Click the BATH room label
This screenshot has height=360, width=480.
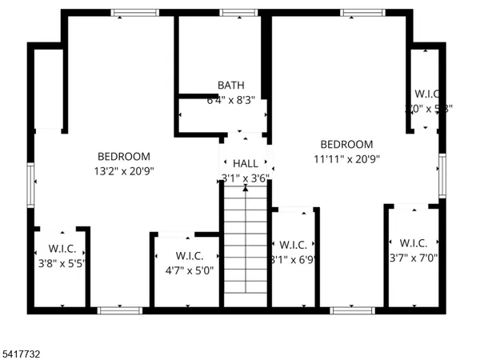(x=231, y=86)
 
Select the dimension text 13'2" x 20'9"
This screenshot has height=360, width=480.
(x=123, y=170)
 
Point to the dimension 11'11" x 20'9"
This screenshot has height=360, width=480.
(x=346, y=158)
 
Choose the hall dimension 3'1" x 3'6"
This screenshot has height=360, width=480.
(x=245, y=178)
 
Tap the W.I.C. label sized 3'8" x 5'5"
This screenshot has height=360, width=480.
(x=62, y=247)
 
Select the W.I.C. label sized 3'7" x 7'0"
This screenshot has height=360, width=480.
(x=413, y=243)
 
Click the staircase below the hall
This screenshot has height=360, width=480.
(x=245, y=248)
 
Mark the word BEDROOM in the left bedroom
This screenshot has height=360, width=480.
(x=123, y=157)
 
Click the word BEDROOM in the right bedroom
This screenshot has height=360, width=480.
(x=346, y=145)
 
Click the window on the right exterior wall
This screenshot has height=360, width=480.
(x=441, y=175)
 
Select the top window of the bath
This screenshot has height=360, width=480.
(x=233, y=12)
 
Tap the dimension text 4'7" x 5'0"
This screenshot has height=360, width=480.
(x=189, y=270)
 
